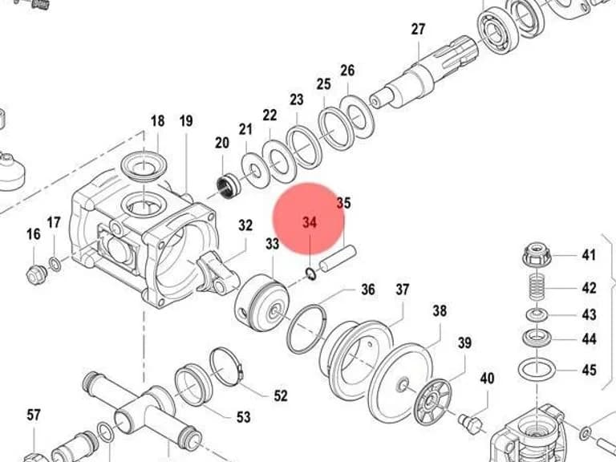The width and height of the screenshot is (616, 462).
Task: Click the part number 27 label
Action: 419,29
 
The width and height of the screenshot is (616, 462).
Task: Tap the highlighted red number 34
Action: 310,222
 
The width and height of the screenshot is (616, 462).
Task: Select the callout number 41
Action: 589,255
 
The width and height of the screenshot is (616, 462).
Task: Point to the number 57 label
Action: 34,415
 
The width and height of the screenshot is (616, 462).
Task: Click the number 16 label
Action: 34,234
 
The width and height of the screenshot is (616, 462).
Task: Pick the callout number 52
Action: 281,395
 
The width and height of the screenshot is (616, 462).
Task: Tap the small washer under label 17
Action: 55,264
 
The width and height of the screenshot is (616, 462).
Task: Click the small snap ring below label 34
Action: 310,274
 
